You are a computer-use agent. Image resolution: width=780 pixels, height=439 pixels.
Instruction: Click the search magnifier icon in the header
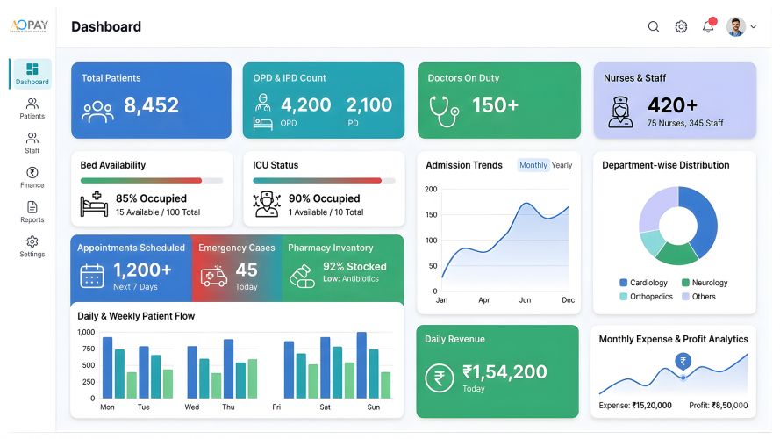click(x=654, y=27)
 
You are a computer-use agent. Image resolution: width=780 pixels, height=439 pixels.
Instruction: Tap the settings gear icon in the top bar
click(x=681, y=27)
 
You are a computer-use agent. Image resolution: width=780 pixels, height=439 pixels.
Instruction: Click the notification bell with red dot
click(x=708, y=27)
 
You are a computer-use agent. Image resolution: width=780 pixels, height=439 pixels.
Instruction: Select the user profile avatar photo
click(x=736, y=27)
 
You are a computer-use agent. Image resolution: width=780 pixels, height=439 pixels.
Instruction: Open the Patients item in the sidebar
click(x=32, y=109)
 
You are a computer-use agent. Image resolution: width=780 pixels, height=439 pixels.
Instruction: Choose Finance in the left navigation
click(x=32, y=177)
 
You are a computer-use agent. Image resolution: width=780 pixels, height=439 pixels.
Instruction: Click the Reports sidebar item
click(x=32, y=212)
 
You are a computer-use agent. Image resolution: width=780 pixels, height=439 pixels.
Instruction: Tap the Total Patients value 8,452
click(x=151, y=106)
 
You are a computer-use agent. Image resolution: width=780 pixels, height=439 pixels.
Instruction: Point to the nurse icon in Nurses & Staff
click(x=620, y=112)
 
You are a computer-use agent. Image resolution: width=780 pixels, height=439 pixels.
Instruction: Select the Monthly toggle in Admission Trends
click(x=533, y=165)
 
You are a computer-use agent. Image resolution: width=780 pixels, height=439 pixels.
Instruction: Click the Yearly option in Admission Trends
click(x=562, y=165)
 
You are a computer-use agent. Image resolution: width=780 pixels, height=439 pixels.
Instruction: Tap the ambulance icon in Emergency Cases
click(x=213, y=277)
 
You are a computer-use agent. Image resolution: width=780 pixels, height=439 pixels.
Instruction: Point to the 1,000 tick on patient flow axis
click(x=86, y=332)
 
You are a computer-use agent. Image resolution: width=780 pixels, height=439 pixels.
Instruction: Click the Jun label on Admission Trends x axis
click(x=525, y=300)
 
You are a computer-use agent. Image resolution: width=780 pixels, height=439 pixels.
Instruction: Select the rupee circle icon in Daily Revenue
click(x=439, y=378)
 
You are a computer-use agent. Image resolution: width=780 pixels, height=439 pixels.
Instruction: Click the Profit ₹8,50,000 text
click(x=718, y=406)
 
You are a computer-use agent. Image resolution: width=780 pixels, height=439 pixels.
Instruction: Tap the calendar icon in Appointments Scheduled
click(x=92, y=276)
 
